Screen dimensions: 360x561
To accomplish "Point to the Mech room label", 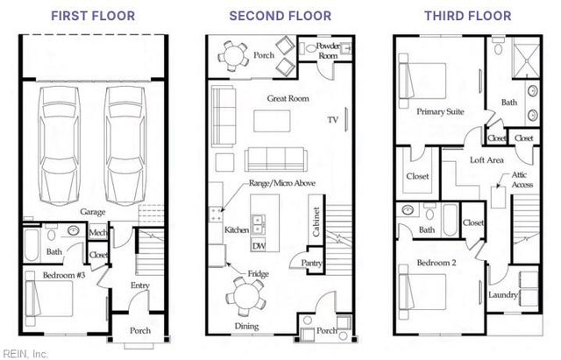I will point(97,232).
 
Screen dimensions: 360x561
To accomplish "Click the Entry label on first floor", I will point(139,286).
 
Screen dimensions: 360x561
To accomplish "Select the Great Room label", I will point(288,100).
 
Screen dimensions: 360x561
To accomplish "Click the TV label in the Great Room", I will point(333,119).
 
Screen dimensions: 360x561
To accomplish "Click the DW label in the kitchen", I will point(258,246).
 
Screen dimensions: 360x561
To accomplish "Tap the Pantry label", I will point(311,262).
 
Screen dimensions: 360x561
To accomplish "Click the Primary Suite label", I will point(440,112).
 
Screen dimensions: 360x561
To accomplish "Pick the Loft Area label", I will point(486,160).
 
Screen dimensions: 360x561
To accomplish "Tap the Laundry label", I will point(503,296).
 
